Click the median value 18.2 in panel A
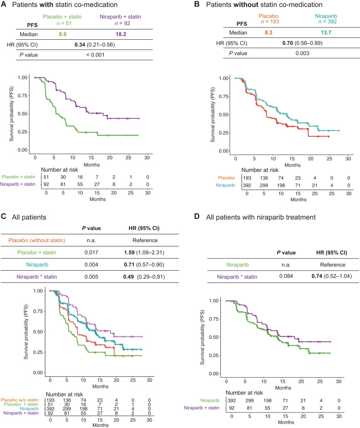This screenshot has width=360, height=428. [121, 34]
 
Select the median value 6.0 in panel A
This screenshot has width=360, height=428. [63, 34]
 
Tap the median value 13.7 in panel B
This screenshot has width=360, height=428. [326, 33]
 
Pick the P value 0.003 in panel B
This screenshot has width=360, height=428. [303, 53]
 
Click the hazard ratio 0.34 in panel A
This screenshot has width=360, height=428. [80, 44]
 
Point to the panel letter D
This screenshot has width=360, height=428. [197, 217]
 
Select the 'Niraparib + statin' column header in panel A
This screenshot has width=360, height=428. [120, 17]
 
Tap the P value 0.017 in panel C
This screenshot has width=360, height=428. [91, 253]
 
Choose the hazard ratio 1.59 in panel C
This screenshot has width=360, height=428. [129, 253]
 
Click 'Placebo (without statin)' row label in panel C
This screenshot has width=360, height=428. [36, 240]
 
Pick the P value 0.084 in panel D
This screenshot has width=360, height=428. [286, 276]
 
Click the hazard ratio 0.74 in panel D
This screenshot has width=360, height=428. [317, 276]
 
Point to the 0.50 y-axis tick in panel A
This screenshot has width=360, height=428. [23, 113]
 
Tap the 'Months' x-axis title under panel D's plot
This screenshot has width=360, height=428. [283, 388]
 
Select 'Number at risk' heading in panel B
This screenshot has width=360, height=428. [260, 170]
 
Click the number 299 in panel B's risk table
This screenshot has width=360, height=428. [264, 185]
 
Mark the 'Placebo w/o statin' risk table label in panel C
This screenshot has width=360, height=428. [20, 400]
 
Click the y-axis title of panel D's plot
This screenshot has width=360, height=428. [202, 337]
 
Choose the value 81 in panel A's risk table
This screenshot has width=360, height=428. [63, 184]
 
